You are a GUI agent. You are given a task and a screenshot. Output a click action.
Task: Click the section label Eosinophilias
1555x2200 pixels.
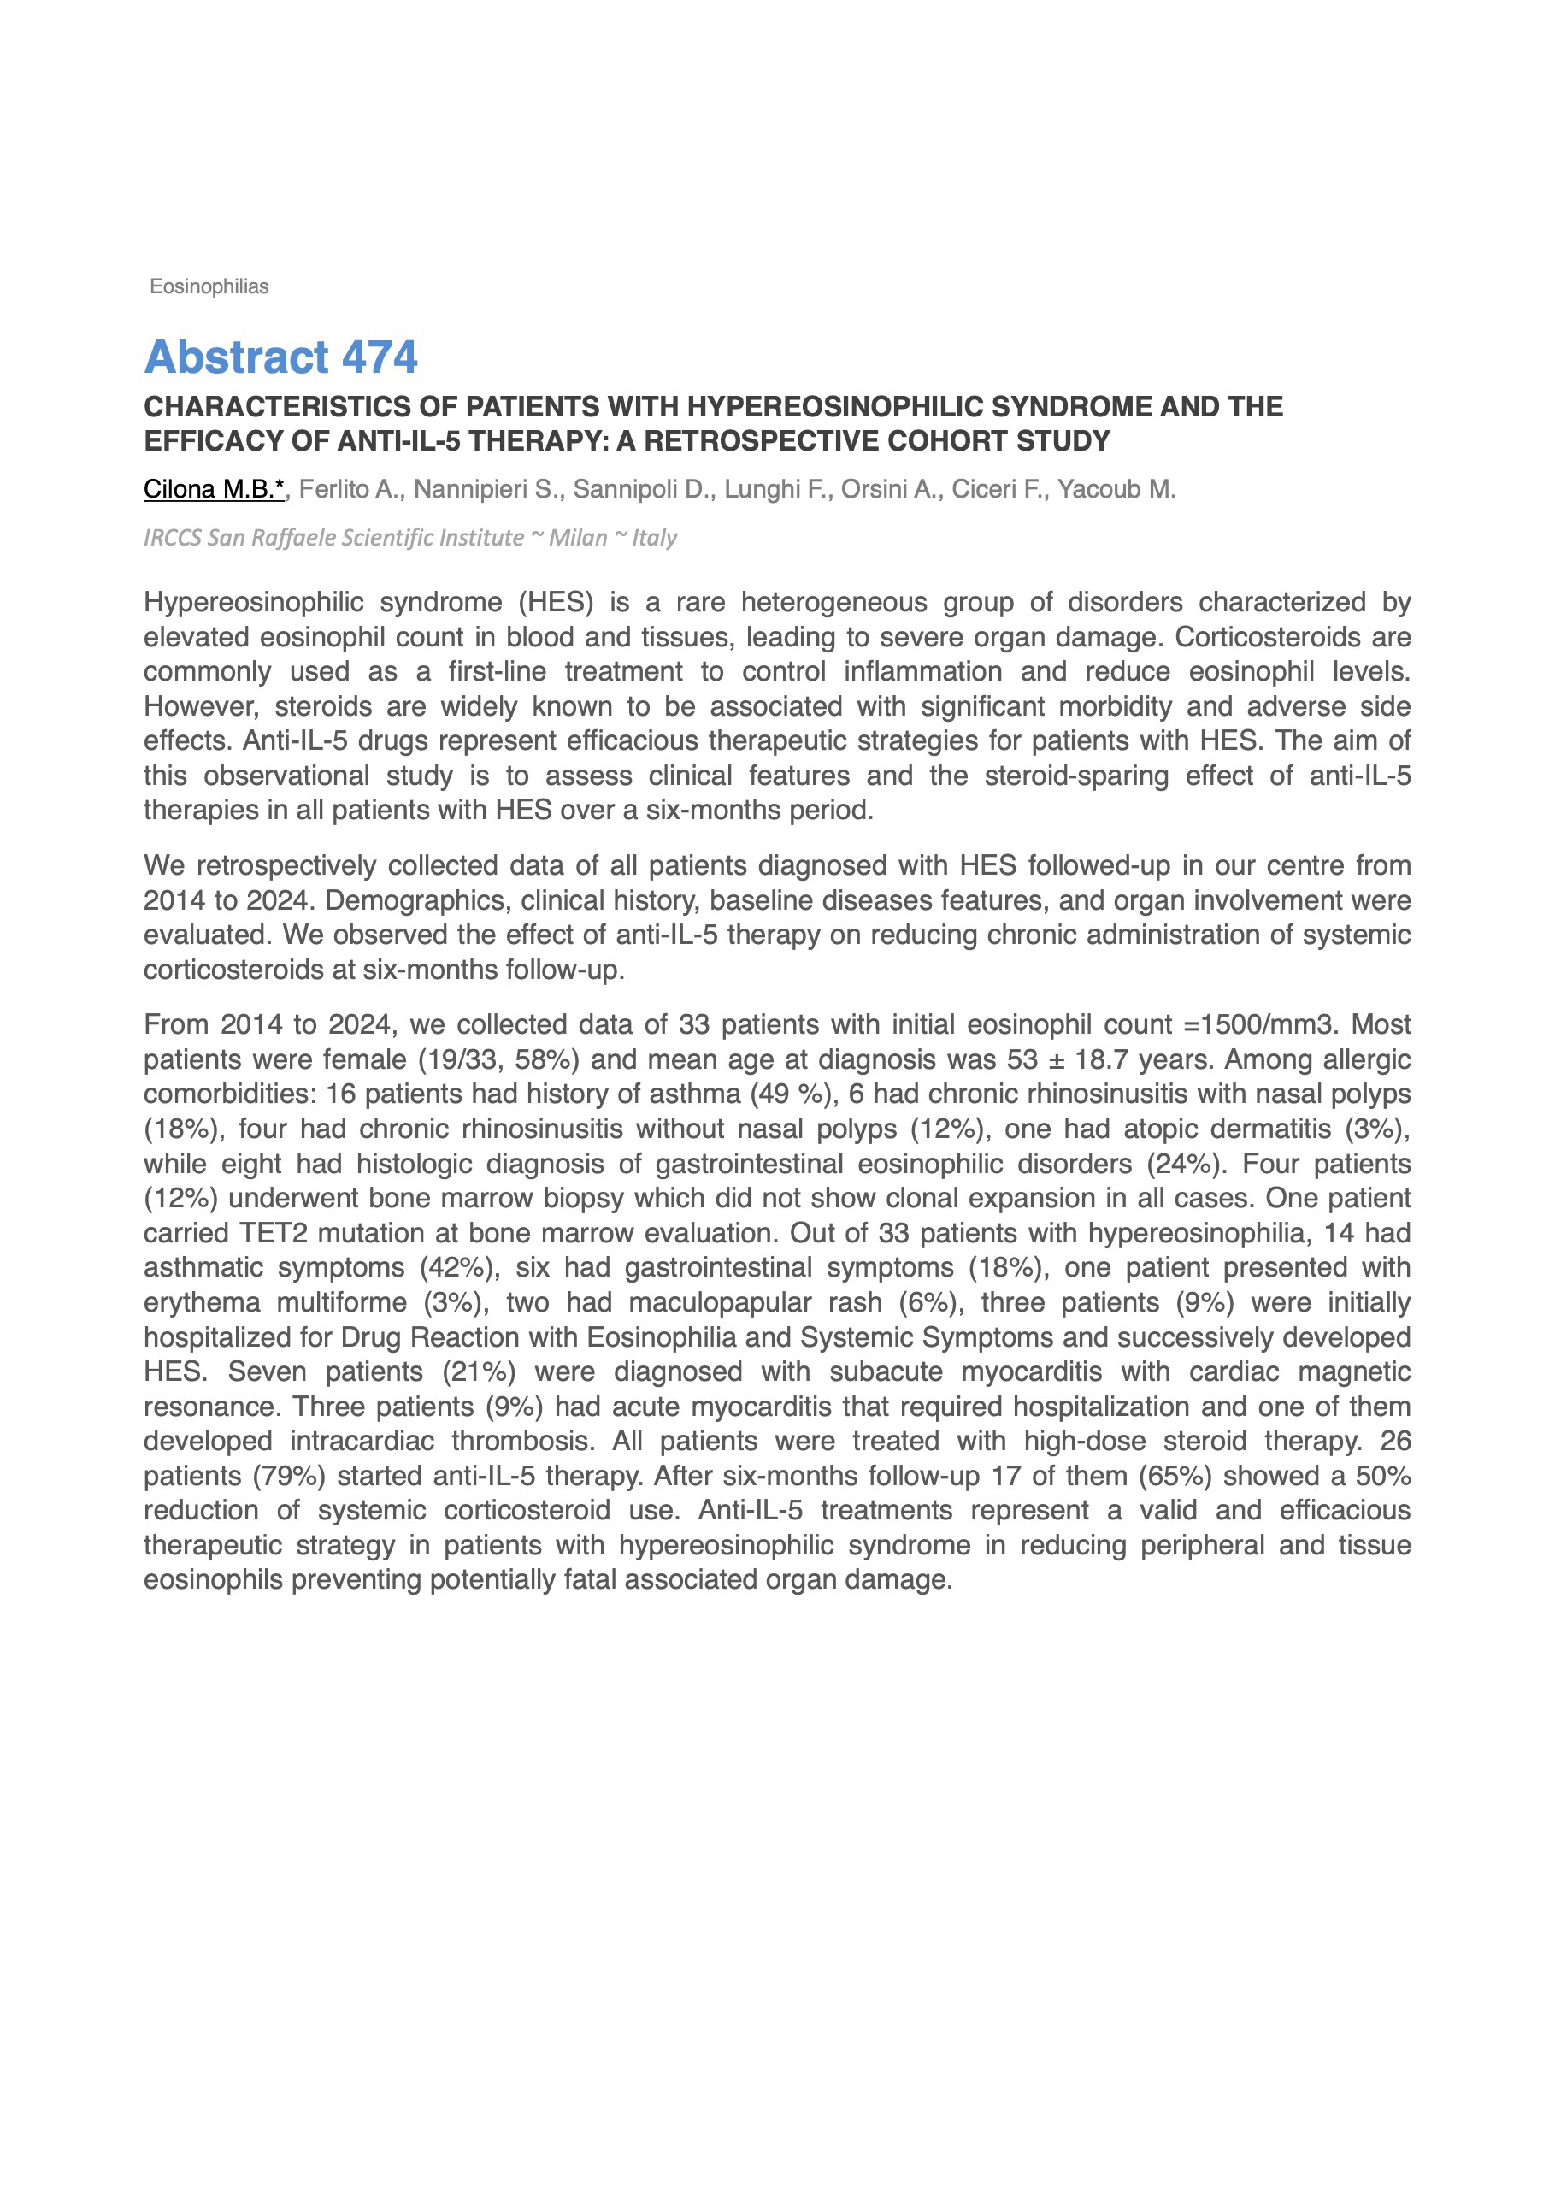click(209, 286)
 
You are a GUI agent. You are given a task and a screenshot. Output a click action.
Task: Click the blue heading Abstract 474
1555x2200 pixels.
click(280, 357)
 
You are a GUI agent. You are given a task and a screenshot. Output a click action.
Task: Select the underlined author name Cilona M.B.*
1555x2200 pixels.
click(214, 490)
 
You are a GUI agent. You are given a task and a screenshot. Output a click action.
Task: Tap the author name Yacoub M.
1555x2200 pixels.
click(1116, 490)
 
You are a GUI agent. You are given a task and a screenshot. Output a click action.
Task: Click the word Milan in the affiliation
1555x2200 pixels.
click(578, 538)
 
